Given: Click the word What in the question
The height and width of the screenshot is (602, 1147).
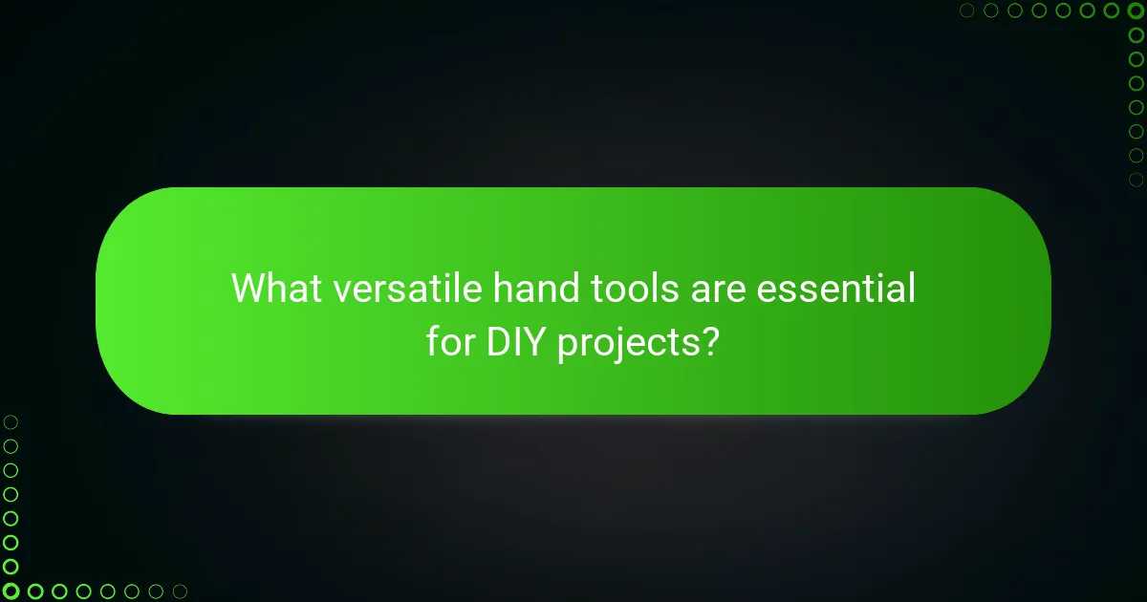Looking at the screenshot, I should click(276, 288).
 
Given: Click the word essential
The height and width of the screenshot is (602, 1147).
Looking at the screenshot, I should click(835, 288).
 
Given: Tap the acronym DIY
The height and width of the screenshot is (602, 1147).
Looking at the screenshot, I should click(516, 341).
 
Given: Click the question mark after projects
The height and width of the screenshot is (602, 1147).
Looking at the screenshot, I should click(708, 341).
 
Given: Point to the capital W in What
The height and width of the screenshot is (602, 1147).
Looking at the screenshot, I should click(250, 288).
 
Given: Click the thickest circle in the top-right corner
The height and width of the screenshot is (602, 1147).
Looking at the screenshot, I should click(1136, 11).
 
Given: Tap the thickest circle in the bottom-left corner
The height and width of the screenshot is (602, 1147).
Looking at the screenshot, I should click(11, 591).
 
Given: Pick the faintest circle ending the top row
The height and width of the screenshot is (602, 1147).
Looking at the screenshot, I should click(967, 11).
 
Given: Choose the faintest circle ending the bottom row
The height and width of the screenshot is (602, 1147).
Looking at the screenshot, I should click(180, 591).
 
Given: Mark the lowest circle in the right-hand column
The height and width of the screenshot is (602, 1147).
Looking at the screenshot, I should click(1136, 179).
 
